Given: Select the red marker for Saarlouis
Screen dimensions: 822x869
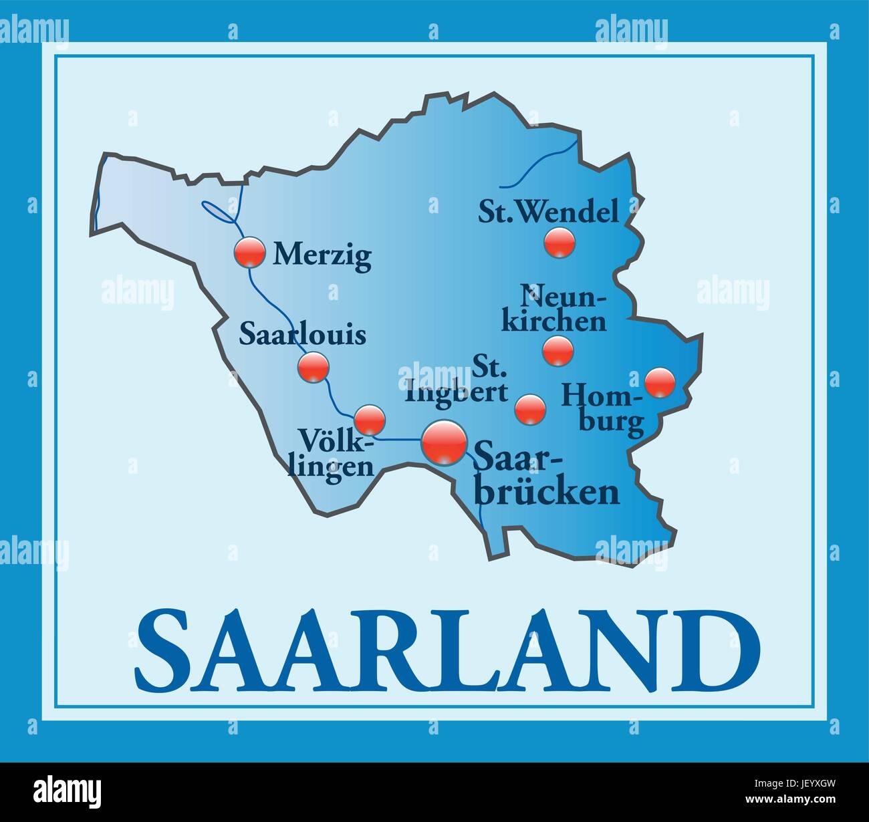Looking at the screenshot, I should [x=313, y=367].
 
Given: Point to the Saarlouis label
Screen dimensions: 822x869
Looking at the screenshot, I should [x=303, y=334].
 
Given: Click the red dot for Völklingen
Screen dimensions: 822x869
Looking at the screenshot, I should [x=369, y=420].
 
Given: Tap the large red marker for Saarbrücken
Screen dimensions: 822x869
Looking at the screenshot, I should [x=444, y=441].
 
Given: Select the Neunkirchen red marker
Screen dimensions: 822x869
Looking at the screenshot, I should [x=557, y=350].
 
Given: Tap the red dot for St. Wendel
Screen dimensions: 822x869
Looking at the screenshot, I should [x=559, y=242].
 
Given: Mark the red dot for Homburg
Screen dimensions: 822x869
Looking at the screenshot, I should [x=660, y=382].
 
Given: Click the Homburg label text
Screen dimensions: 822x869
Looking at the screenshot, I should [x=604, y=408].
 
